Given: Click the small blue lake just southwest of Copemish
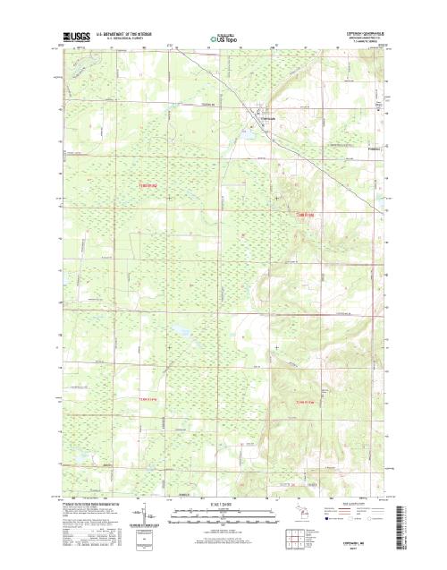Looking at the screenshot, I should [x=247, y=132].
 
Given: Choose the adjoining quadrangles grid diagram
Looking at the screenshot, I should [x=292, y=538].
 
